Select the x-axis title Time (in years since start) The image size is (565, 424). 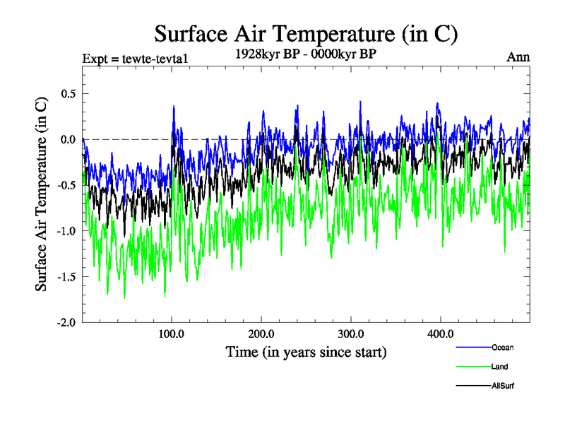(x=306, y=351)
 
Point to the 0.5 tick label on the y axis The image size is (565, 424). (x=66, y=93)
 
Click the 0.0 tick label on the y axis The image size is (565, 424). (x=66, y=139)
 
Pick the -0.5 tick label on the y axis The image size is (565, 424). (x=65, y=185)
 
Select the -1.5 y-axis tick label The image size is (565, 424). (x=65, y=276)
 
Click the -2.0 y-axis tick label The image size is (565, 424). (x=65, y=322)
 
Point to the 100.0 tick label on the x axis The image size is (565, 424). (x=172, y=334)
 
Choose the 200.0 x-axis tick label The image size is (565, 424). (x=261, y=334)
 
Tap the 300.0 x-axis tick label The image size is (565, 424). (x=351, y=334)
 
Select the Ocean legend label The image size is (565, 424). (x=502, y=347)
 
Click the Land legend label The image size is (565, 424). (x=500, y=367)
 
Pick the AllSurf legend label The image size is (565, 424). (x=503, y=387)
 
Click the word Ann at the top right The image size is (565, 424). (x=518, y=57)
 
